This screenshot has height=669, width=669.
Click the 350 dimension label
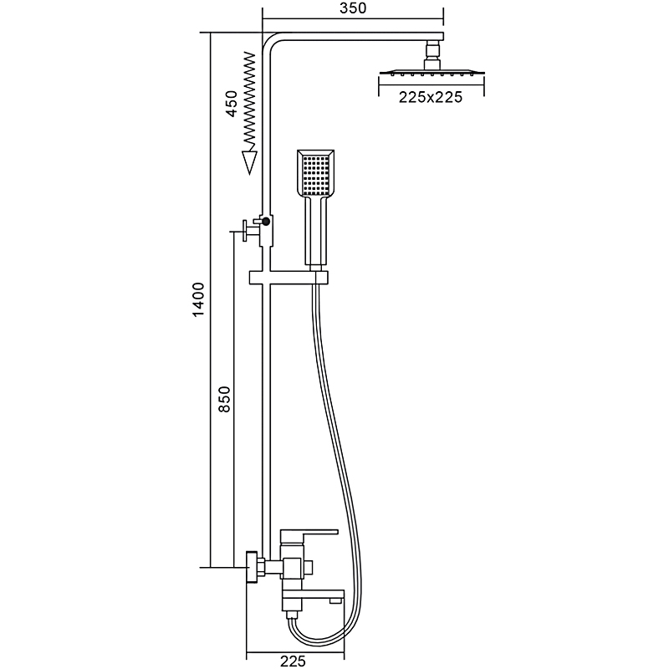tap(353, 8)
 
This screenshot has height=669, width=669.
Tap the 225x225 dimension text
tap(430, 97)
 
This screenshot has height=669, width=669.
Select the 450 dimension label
tap(232, 104)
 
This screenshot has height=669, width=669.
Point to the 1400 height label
tap(199, 299)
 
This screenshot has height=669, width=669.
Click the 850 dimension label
tap(224, 399)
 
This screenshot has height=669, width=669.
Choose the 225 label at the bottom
tap(294, 661)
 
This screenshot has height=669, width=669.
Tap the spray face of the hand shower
tap(316, 174)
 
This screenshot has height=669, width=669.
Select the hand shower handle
tap(316, 232)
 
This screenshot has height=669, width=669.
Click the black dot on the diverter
tap(266, 221)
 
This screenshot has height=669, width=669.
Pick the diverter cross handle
tap(245, 232)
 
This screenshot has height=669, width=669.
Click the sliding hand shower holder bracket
tap(289, 278)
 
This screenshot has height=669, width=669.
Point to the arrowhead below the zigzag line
tap(249, 162)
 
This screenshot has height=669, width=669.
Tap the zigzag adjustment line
tap(249, 101)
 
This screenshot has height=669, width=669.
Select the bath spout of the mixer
tap(313, 596)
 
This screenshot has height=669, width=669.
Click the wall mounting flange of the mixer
tap(253, 568)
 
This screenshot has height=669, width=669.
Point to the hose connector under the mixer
tap(292, 615)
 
